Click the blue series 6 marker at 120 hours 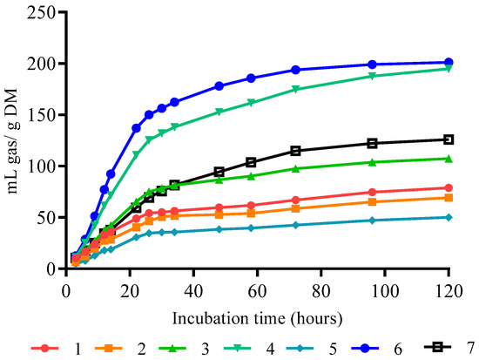449,62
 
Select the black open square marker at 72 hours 295,151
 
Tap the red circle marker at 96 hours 372,192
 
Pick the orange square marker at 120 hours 449,198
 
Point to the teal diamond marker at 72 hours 295,225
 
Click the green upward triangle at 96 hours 372,162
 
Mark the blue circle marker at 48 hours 219,86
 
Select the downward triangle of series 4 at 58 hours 251,103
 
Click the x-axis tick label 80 321,291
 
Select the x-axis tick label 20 130,291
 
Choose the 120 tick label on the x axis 449,291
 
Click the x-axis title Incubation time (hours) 257,319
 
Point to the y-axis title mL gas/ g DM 13,141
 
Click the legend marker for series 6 365,348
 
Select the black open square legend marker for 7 438,347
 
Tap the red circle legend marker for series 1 45,348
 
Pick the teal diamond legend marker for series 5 300,348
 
